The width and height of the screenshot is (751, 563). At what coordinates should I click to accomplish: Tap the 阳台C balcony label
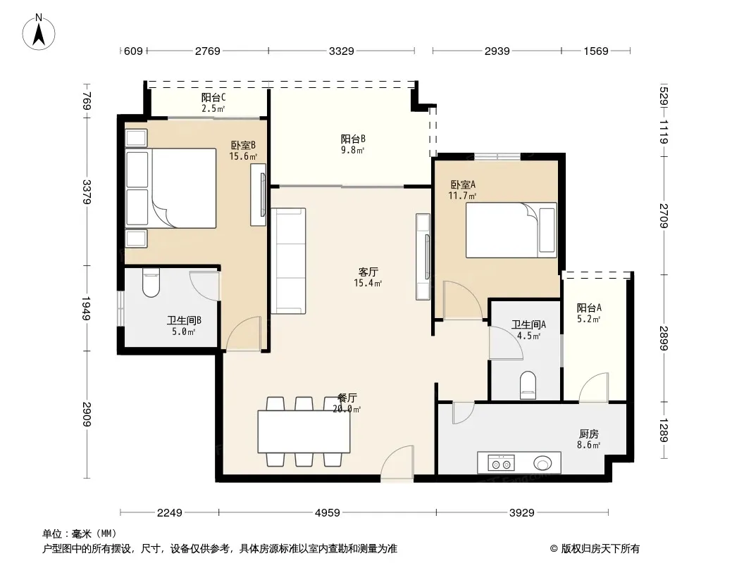point(213,97)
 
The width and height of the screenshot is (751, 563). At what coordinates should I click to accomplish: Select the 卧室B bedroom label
point(243,145)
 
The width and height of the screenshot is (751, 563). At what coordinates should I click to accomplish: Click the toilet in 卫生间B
point(151,283)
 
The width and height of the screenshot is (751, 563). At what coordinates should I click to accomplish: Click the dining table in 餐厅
point(304,431)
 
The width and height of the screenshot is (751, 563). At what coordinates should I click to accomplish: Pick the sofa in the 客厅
point(288,260)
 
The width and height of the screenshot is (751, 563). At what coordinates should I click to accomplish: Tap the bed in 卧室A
point(511,230)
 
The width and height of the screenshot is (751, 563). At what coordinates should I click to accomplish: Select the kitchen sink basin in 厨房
point(542,463)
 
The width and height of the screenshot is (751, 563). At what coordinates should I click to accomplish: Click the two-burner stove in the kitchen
point(501,462)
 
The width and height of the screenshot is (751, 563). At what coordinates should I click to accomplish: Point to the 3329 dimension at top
point(342,51)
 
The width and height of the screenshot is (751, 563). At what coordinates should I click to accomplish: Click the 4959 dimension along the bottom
point(328,513)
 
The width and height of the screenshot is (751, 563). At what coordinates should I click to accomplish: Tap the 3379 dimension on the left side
point(87,192)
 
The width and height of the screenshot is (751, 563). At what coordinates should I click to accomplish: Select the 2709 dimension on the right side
point(664,216)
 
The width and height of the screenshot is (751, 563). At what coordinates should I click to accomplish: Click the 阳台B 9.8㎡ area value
point(352,150)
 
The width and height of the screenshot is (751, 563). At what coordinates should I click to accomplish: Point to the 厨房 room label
point(589,434)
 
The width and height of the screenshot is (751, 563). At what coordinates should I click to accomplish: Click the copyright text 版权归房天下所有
point(600,549)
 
